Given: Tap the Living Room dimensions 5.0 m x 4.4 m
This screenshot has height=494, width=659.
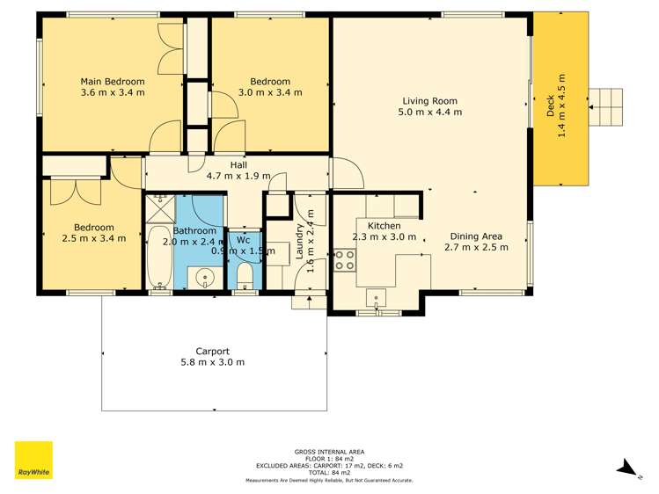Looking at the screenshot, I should (x=430, y=113).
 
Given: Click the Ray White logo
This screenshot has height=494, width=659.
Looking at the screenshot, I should (x=33, y=460).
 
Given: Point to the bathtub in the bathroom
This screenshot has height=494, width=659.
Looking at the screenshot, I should (x=159, y=257).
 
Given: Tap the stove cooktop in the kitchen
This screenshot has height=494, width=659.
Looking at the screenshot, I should (x=344, y=260).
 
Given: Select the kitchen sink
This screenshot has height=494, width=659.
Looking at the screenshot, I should (x=377, y=296).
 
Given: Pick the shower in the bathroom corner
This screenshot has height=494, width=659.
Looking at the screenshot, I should (x=160, y=209).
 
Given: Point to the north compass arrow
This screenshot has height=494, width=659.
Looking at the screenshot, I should (x=626, y=467).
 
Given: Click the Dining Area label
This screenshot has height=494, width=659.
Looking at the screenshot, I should (x=476, y=236).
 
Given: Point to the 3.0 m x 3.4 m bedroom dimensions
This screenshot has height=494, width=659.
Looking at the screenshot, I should (x=270, y=92).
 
